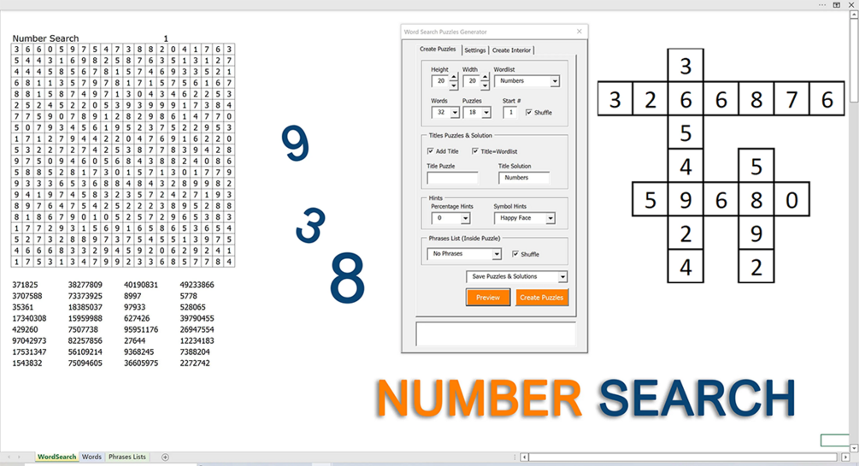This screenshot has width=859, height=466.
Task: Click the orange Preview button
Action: click(487, 298)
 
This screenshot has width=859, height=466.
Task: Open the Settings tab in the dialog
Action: click(475, 50)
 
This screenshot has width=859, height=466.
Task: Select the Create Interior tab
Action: click(511, 50)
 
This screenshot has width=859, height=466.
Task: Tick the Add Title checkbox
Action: click(431, 150)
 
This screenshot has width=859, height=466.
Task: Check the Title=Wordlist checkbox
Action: click(475, 150)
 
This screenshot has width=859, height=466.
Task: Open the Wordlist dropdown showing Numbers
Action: click(527, 81)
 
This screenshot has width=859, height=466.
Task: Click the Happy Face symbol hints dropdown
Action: click(524, 218)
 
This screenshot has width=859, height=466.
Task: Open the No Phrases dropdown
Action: click(464, 254)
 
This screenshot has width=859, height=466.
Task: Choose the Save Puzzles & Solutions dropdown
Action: click(516, 277)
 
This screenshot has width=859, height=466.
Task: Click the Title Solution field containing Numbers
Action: click(524, 178)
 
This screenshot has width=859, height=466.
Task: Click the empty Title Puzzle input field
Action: click(452, 178)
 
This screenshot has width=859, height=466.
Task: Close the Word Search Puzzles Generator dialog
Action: click(579, 32)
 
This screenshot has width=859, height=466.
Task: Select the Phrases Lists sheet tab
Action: click(127, 457)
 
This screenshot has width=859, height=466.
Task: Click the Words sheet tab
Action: click(91, 457)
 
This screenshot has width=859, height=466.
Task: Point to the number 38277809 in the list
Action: click(85, 285)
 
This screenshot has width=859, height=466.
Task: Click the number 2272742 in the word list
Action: click(195, 363)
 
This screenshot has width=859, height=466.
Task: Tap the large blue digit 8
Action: click(347, 277)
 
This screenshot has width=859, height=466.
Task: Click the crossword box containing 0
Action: click(791, 200)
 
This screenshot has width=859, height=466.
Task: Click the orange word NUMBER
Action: click(479, 398)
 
